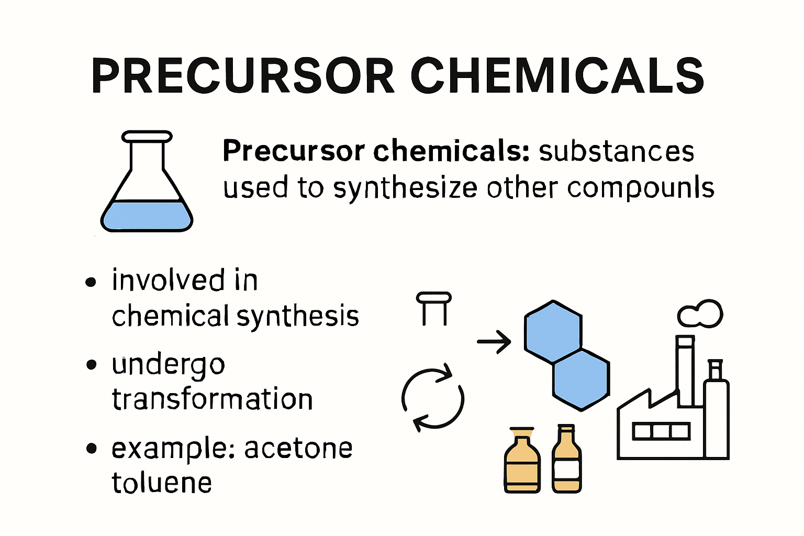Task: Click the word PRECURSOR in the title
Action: [242, 76]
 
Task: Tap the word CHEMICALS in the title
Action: [557, 76]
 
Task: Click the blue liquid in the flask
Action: [147, 216]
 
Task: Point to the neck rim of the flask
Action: [147, 137]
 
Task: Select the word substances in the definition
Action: [616, 152]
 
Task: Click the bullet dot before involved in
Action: [91, 282]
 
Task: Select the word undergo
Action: [169, 365]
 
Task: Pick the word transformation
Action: [213, 399]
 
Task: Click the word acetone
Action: [298, 449]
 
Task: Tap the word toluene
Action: [162, 483]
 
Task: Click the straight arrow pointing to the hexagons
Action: [494, 342]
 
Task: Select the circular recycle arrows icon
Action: [433, 399]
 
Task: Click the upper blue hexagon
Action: [553, 331]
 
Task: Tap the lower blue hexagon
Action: [581, 380]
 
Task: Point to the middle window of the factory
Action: [661, 432]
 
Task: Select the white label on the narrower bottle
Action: [567, 470]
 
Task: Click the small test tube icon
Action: [434, 308]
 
